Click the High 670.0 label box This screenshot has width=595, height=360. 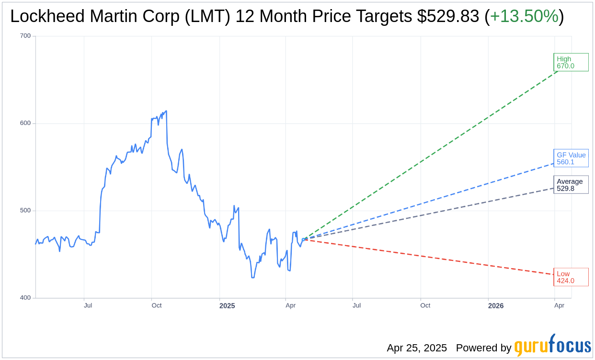point(571,62)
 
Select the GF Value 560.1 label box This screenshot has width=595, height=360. point(571,158)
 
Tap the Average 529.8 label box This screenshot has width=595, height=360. point(571,185)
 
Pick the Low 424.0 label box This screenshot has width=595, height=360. point(571,277)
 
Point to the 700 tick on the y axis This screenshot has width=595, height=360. point(25,36)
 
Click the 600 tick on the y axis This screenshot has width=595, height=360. point(25,123)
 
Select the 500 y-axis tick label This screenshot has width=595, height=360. point(25,211)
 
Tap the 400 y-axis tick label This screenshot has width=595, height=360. point(25,298)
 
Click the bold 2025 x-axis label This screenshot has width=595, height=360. point(227,305)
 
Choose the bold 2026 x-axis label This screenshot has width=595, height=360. point(496,305)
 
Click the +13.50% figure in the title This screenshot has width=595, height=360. point(524,16)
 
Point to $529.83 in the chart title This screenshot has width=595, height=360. point(448,16)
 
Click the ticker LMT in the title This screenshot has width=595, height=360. point(212,16)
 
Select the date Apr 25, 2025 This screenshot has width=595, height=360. point(417,348)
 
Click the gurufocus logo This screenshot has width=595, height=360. point(552,345)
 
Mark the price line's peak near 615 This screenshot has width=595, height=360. point(166,111)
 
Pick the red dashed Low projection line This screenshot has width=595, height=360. point(431,257)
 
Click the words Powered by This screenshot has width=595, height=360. point(483,348)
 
